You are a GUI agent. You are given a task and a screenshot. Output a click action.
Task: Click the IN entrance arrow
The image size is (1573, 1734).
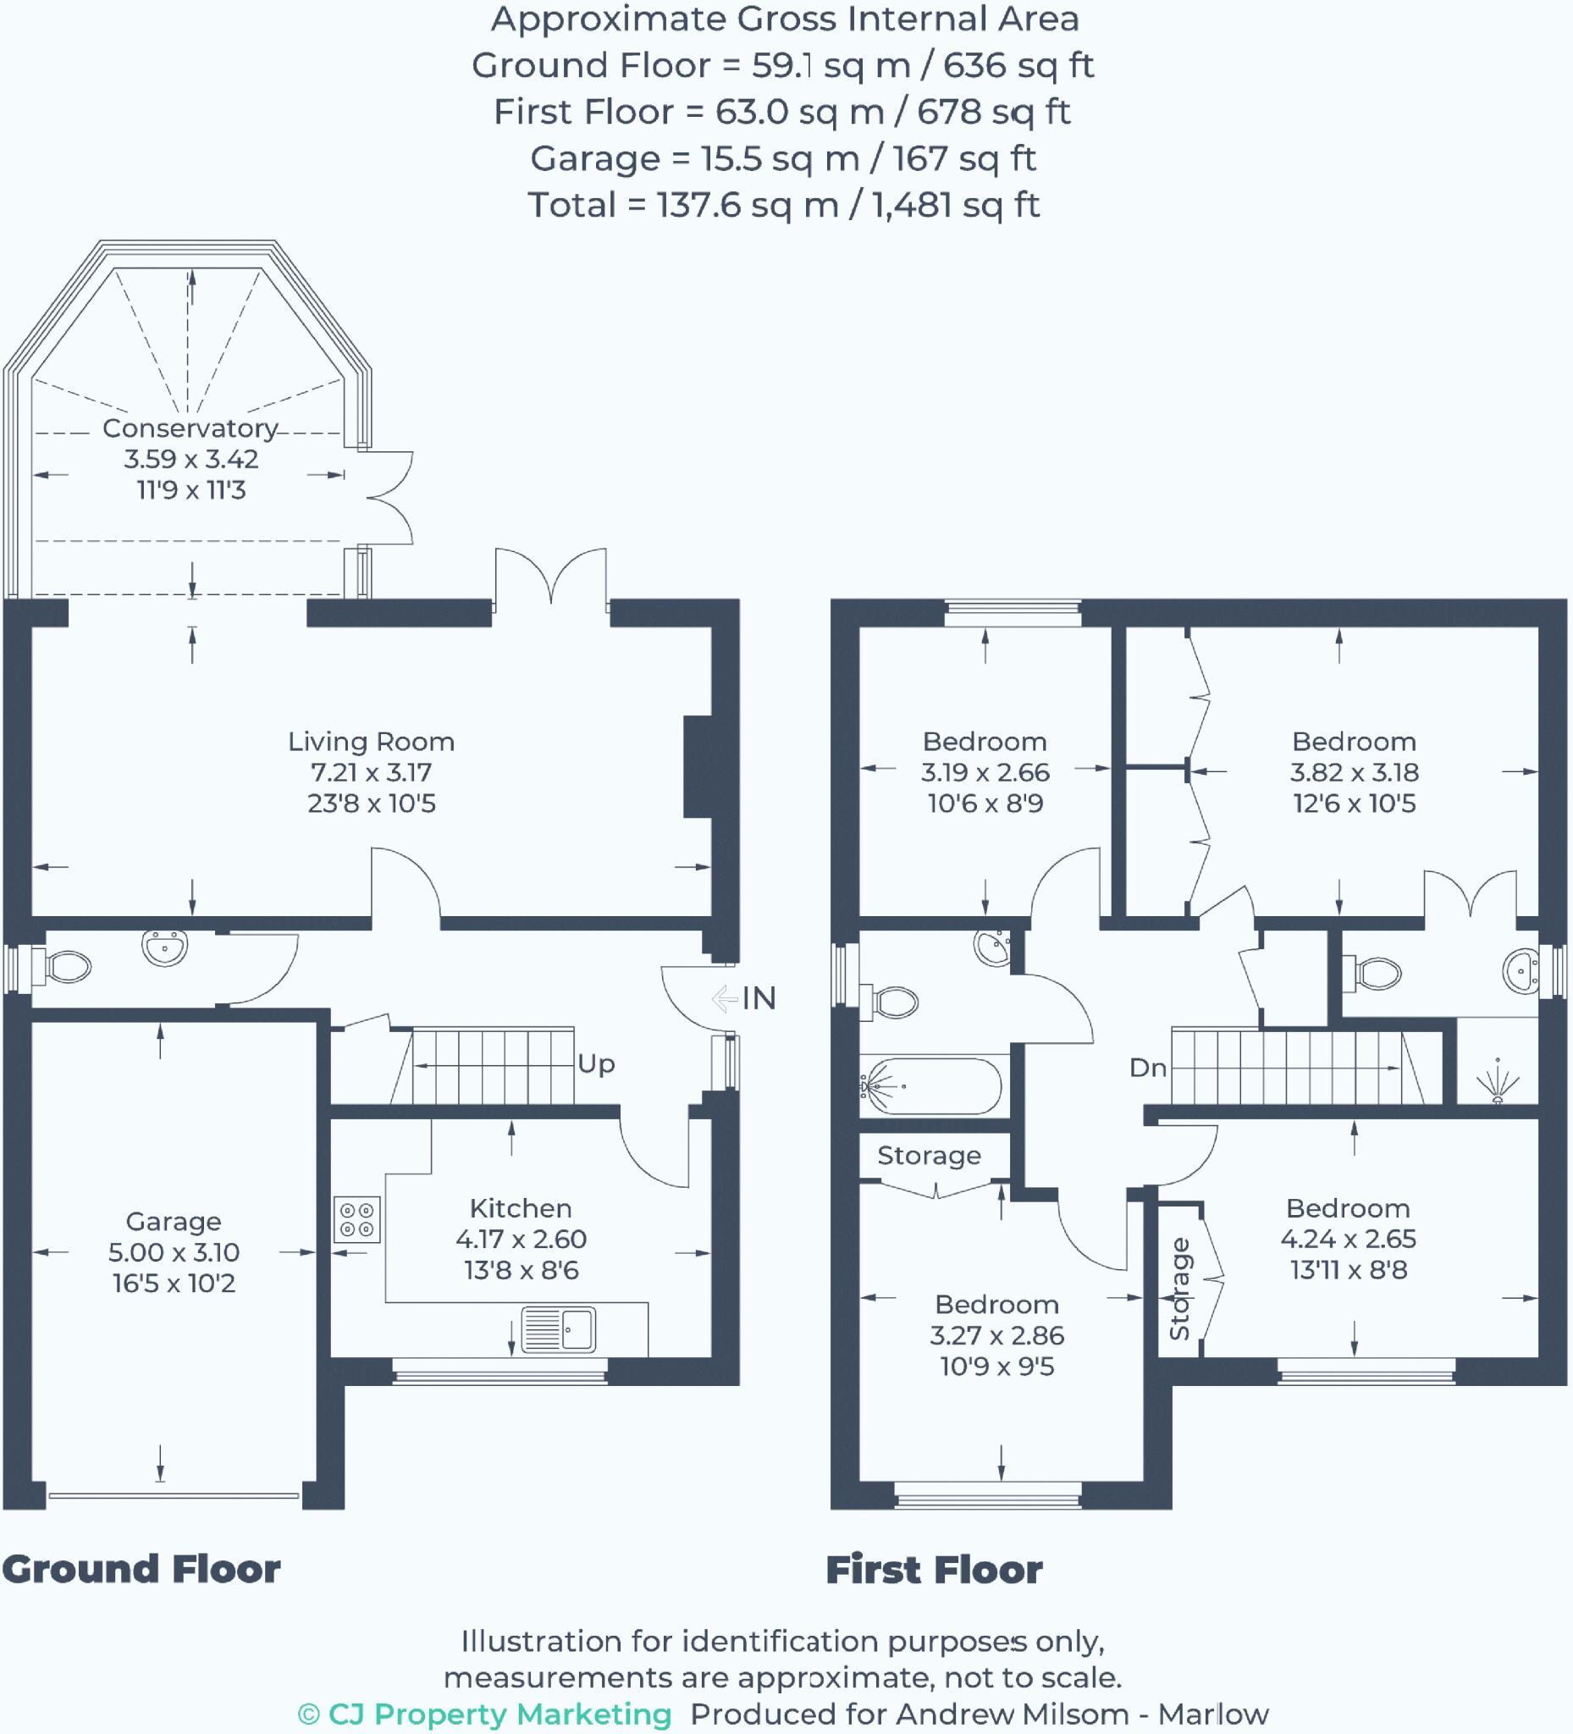[725, 998]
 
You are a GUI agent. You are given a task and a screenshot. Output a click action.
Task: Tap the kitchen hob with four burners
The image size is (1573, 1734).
[357, 1220]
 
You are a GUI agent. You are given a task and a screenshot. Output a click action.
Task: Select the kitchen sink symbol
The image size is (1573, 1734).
[558, 1329]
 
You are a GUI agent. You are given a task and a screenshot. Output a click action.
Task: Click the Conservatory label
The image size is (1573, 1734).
[190, 428]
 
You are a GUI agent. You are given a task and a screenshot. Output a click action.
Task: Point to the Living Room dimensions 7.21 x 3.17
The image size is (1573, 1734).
[372, 772]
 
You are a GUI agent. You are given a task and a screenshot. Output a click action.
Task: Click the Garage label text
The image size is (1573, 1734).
[174, 1222]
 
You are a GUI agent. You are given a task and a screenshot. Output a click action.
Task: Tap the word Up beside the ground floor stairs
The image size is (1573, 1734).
[596, 1064]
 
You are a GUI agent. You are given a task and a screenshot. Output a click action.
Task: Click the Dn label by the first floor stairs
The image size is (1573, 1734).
[1147, 1069]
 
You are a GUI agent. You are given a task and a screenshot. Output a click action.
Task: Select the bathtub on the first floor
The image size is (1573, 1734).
[931, 1087]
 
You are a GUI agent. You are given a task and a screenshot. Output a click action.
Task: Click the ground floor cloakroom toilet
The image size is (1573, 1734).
[64, 967]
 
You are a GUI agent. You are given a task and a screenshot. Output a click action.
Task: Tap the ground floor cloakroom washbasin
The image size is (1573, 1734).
[164, 947]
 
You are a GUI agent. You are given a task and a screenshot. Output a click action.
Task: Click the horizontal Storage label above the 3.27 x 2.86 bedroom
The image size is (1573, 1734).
[929, 1155]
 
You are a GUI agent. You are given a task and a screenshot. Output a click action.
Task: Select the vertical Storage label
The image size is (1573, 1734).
[1179, 1289]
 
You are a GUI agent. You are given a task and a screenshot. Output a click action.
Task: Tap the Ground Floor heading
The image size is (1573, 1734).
[141, 1570]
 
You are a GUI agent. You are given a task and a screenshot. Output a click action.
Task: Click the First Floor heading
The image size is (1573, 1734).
[934, 1571]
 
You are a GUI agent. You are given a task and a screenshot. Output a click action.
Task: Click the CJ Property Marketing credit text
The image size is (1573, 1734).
[485, 1714]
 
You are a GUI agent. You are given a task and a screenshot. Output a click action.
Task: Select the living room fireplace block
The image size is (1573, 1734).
[698, 766]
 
